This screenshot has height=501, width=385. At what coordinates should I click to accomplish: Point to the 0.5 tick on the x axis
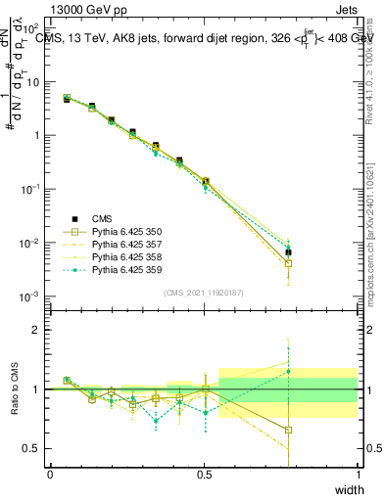coord(204,474)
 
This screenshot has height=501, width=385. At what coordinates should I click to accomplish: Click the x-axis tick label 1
coord(358,474)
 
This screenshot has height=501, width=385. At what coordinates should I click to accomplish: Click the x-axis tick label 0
coord(50,474)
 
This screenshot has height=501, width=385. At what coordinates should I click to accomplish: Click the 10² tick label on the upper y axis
coord(31,28)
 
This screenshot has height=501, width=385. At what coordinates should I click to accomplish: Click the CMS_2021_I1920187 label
coord(204,293)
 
